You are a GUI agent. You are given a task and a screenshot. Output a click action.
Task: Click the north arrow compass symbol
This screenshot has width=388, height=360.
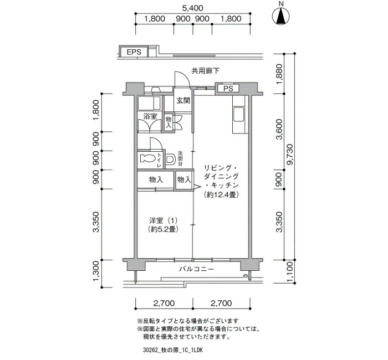tap(281, 17)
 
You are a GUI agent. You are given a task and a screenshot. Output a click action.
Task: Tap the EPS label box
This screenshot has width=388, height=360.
tap(134, 52)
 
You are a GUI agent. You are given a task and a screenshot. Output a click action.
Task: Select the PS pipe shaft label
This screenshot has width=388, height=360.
tap(228, 89)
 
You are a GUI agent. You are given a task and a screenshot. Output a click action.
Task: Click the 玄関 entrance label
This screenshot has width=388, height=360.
tap(183, 101)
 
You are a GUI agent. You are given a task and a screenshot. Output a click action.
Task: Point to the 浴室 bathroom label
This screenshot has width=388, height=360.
tap(150, 116)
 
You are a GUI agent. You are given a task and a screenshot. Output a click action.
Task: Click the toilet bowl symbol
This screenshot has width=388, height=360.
tap(147, 158)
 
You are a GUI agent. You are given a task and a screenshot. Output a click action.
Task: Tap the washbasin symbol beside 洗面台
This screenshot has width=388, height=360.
tap(170, 160)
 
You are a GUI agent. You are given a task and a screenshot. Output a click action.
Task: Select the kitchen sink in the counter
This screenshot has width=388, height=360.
tap(239, 114)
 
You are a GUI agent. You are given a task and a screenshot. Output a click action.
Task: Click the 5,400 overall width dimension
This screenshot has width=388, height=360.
tap(193, 8)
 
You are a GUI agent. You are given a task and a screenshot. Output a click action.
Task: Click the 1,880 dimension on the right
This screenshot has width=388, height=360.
tap(279, 74)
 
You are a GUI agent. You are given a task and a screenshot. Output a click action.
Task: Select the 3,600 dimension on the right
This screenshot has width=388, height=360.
tap(279, 129)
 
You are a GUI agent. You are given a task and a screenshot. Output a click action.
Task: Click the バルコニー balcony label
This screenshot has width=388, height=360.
tap(197, 269)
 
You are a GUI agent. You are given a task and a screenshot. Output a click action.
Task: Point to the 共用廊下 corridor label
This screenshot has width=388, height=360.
tap(206, 71)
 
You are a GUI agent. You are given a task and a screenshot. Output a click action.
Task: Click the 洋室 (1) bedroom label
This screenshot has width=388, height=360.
tap(164, 220)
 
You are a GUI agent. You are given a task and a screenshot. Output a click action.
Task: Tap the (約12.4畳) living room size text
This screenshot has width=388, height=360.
tap(221, 195)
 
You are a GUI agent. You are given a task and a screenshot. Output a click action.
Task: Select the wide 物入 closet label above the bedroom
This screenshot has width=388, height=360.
tap(156, 179)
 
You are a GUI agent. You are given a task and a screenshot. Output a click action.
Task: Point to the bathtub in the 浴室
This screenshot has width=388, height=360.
tap(149, 104)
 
